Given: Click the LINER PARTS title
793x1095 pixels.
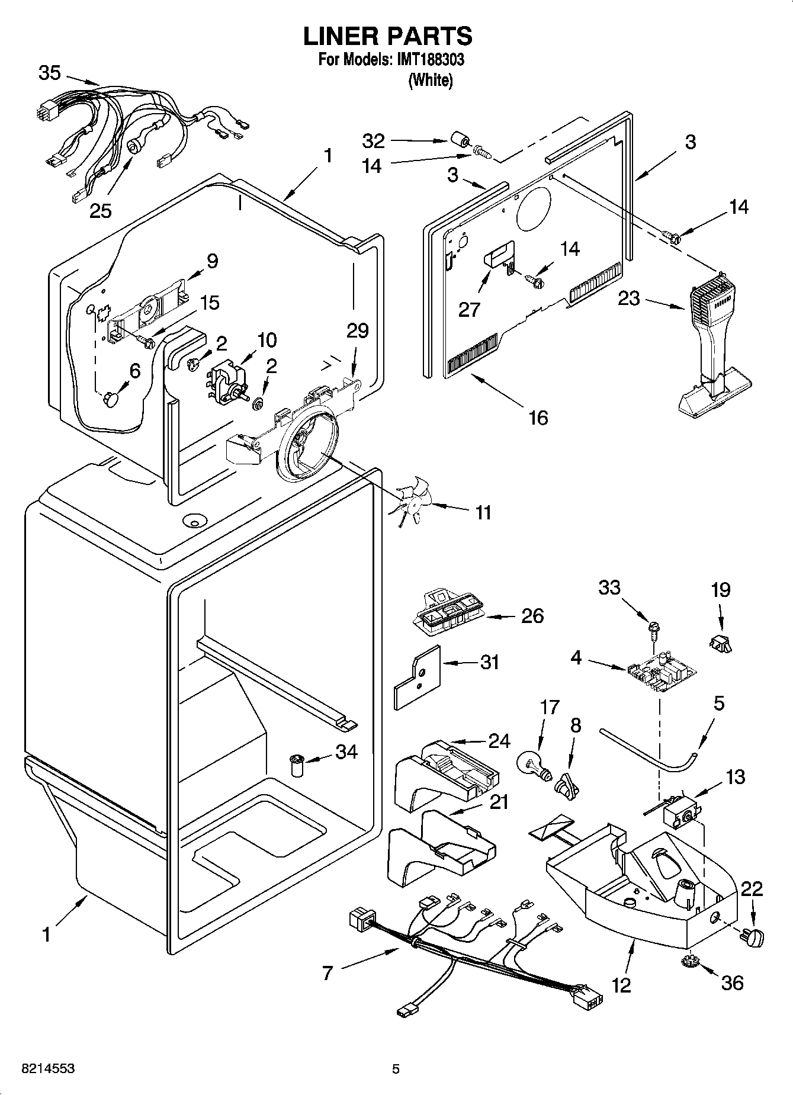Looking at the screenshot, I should (388, 36).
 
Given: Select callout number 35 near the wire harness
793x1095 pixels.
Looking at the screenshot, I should (50, 73).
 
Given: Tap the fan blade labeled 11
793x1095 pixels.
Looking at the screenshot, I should (410, 502).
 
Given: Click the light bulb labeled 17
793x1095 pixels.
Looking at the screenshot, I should (533, 765).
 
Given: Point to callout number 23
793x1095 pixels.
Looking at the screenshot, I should (628, 298).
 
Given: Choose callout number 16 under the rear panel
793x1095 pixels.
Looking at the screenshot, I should (538, 418).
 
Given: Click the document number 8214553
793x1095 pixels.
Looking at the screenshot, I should (47, 1069).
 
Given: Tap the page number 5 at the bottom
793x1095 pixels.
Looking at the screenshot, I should (396, 1069).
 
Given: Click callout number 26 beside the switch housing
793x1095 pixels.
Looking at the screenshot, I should (532, 616).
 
